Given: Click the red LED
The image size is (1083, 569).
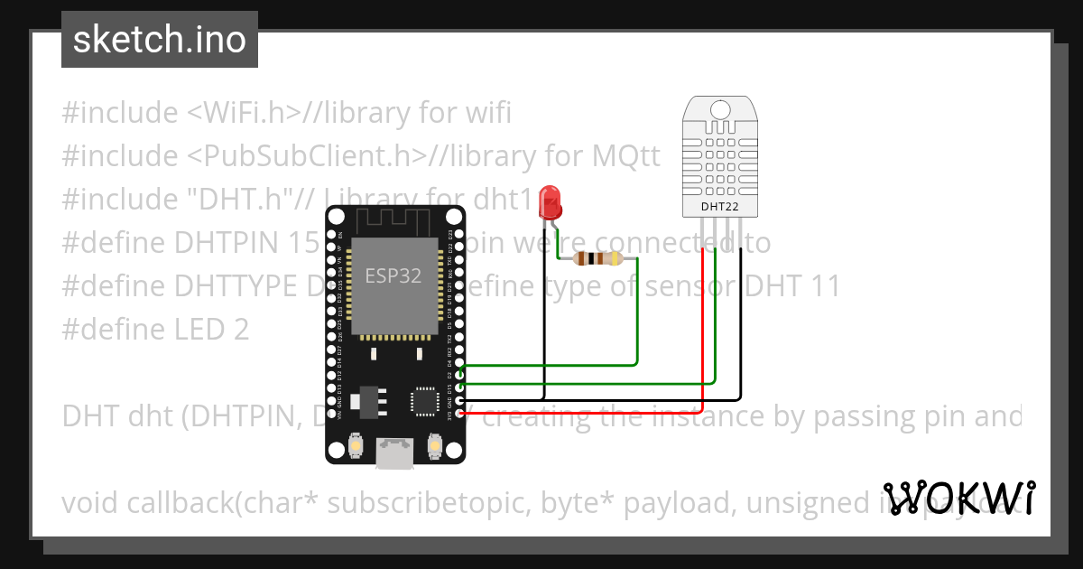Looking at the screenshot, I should (549, 202).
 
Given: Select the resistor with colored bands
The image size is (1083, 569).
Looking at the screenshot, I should (597, 259).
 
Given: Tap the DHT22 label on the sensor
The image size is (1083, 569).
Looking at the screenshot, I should (719, 207).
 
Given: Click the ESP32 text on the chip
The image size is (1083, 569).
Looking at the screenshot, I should (393, 276).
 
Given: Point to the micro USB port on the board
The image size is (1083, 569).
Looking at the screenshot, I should (396, 453).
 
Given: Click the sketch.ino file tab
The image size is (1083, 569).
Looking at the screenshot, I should (160, 40).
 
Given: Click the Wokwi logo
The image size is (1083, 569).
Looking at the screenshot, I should (958, 498).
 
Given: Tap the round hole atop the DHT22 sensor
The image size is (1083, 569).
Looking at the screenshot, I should (719, 109).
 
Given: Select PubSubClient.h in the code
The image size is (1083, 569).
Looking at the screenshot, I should (306, 156).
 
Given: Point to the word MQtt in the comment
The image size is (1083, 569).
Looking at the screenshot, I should (625, 156).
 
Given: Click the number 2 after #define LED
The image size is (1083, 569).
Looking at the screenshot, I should (240, 330).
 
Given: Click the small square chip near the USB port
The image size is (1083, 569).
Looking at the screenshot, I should (424, 400).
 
